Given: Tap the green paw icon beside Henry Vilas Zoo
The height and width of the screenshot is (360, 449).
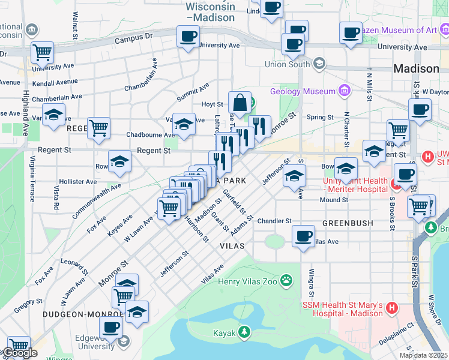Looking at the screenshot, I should click(x=288, y=280).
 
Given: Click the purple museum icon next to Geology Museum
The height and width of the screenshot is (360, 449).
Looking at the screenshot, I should click(x=344, y=91).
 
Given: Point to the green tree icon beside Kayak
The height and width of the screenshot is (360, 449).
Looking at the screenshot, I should click(x=244, y=332).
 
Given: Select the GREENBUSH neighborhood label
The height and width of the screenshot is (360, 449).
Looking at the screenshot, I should click(x=348, y=223).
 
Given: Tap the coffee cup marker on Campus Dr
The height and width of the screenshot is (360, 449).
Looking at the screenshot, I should click(x=187, y=37).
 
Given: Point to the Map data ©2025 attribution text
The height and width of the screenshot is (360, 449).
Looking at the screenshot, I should click(x=423, y=355).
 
